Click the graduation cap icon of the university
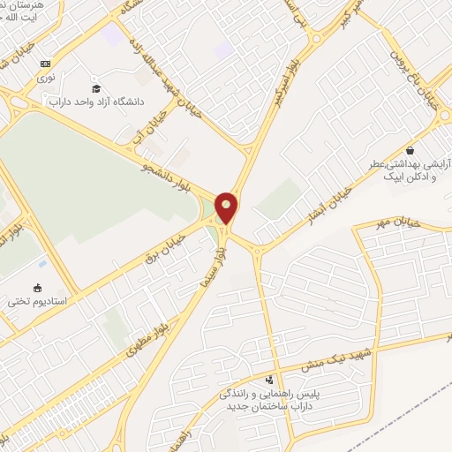96,88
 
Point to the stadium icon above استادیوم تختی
37,287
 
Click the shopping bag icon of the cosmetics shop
409,149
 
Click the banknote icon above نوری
45,64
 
